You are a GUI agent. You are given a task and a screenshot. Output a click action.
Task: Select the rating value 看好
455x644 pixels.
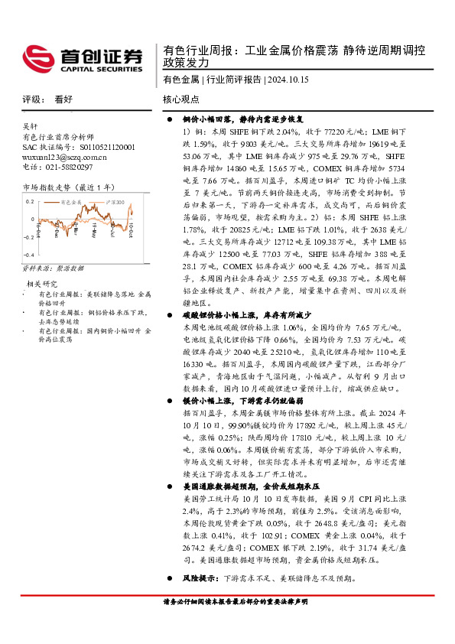click(x=63, y=99)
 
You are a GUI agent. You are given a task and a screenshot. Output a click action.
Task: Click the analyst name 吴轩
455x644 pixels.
click(x=30, y=126)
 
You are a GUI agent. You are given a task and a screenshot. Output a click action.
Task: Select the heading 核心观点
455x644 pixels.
click(x=181, y=99)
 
